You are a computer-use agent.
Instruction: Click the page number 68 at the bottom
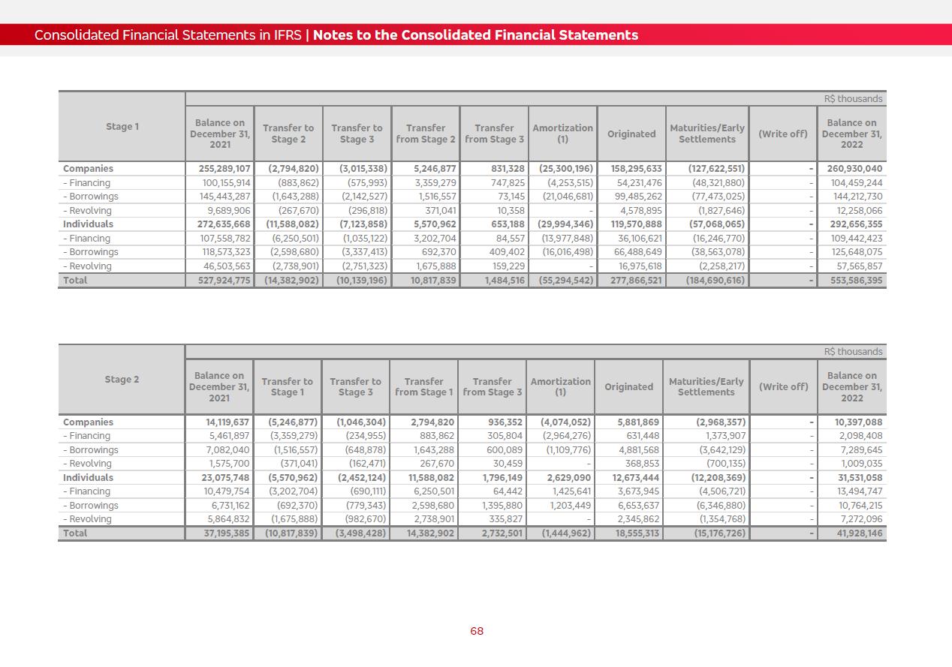pos(477,631)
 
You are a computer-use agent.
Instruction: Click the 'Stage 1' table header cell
pos(122,127)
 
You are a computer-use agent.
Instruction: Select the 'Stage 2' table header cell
pos(122,380)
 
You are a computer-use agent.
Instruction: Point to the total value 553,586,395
pos(852,281)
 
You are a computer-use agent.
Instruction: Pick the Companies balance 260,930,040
pos(854,169)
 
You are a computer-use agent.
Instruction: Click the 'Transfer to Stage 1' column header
pos(287,387)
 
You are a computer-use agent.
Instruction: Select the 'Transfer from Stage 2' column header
pos(426,134)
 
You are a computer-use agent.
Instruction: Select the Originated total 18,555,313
pos(635,533)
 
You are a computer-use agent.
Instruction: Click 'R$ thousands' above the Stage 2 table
pos(853,352)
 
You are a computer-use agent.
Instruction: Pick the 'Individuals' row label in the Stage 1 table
pos(88,224)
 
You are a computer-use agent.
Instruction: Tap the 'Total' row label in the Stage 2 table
pos(75,533)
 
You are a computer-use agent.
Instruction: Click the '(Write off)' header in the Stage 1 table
pos(782,134)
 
